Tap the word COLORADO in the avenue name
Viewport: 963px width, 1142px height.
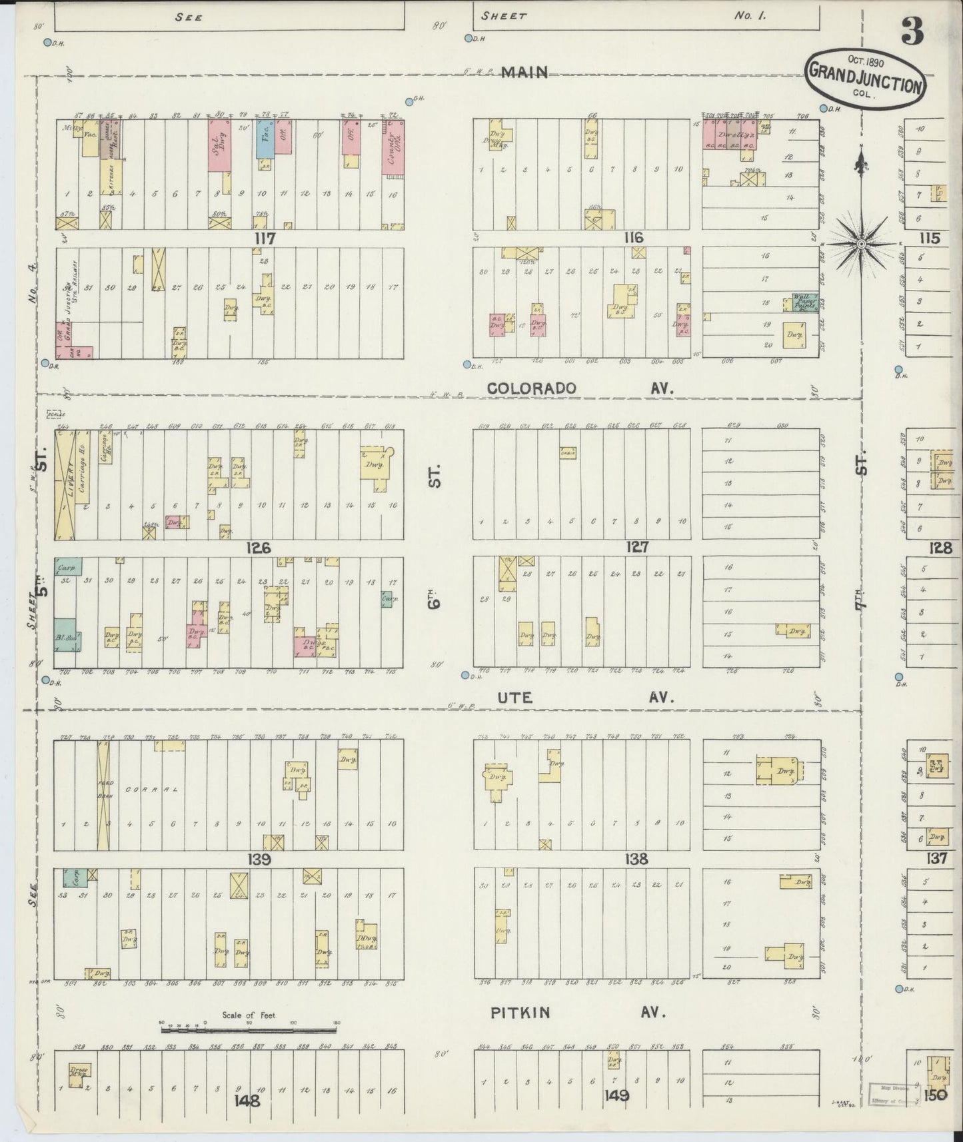(x=531, y=388)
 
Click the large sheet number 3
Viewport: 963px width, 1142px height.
(x=912, y=32)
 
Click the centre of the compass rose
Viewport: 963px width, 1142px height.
(x=861, y=245)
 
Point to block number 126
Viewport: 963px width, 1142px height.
(x=258, y=548)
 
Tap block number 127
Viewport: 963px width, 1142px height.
(x=636, y=548)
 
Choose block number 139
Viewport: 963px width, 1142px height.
(x=259, y=859)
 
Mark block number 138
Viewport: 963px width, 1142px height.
(x=636, y=859)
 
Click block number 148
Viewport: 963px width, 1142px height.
(x=248, y=1100)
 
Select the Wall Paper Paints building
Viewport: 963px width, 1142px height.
(x=804, y=303)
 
